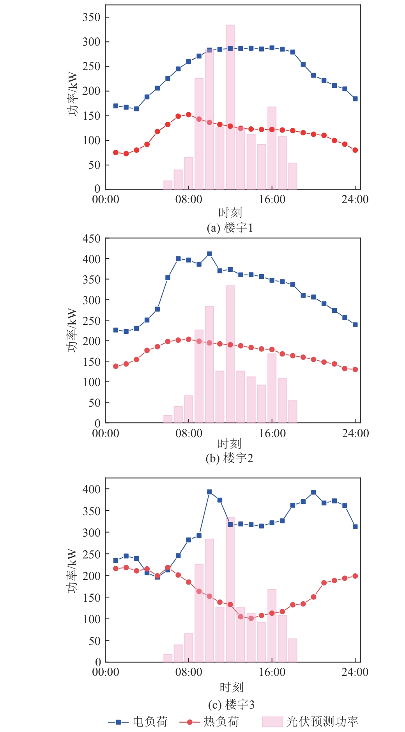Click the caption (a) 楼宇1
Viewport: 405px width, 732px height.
click(230, 227)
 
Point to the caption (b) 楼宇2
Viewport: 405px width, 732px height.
click(229, 458)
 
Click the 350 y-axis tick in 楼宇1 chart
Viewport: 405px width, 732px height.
click(91, 17)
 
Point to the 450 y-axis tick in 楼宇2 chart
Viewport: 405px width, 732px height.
click(91, 239)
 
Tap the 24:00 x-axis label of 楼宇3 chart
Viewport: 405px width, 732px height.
click(355, 672)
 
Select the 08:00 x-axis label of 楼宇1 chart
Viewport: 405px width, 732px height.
click(189, 200)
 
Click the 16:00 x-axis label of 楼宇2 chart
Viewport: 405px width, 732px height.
click(272, 433)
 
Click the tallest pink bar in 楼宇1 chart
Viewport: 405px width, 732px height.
click(230, 107)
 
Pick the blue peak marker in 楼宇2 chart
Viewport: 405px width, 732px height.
click(209, 254)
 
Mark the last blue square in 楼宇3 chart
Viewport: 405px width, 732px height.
click(355, 526)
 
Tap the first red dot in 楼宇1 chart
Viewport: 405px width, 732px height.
click(116, 152)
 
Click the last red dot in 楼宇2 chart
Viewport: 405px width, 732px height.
click(355, 369)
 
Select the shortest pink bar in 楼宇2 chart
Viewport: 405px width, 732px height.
click(168, 419)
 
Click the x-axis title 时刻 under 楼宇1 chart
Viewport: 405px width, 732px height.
click(230, 213)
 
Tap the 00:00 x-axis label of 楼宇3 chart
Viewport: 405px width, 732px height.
click(106, 672)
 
